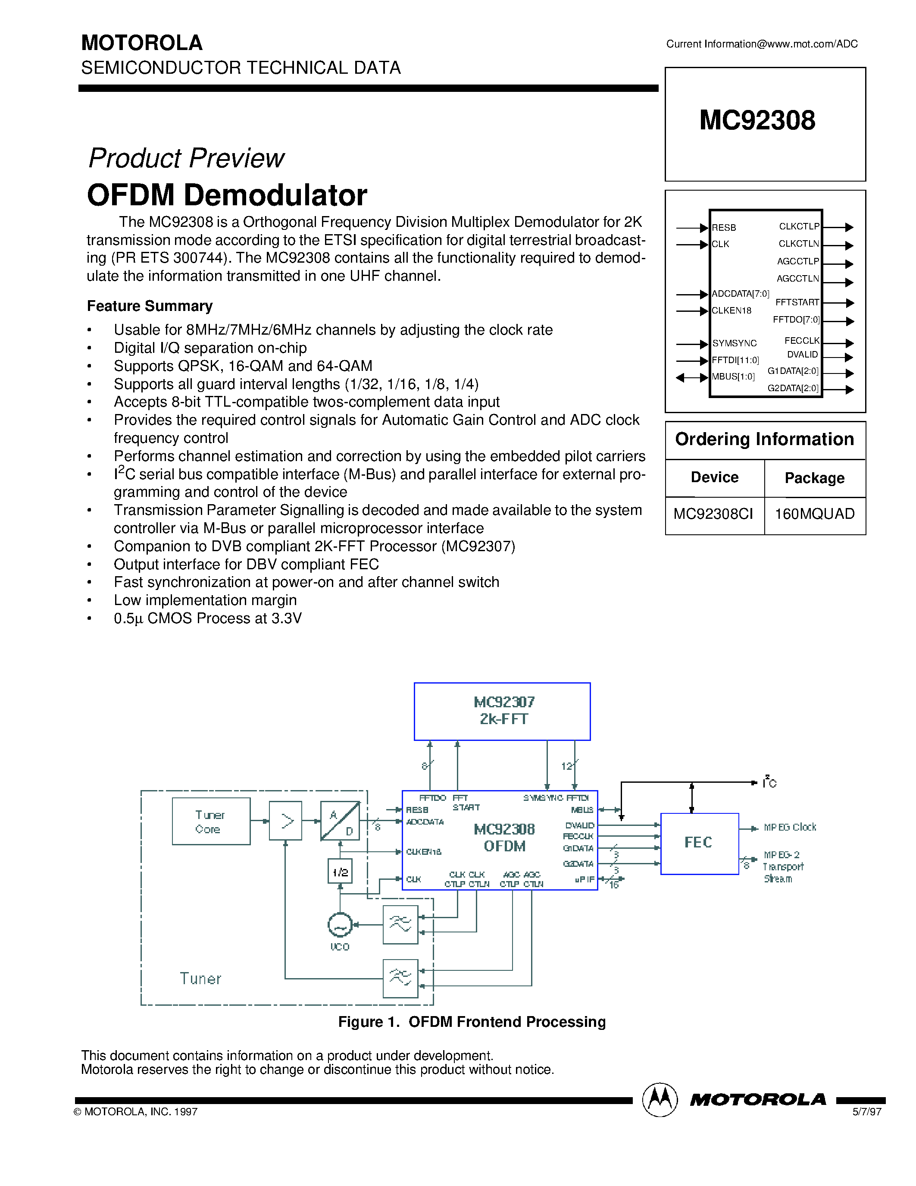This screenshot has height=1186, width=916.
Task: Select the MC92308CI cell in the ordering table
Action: (x=713, y=514)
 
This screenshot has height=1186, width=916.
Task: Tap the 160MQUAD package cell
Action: (x=815, y=514)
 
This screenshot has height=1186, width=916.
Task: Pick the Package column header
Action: (x=815, y=478)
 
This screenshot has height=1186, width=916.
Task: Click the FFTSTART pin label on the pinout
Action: (x=797, y=302)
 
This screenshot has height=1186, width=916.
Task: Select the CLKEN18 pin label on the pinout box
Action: (x=731, y=311)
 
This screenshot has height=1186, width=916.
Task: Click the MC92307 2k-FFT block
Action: (x=502, y=711)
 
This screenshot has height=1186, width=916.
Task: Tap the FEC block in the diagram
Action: (x=699, y=843)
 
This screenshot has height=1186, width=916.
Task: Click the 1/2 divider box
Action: (x=340, y=872)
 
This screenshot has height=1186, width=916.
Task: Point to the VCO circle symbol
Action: (x=340, y=925)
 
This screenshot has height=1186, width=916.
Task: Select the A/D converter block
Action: (x=340, y=821)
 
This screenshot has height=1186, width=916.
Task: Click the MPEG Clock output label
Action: (x=790, y=827)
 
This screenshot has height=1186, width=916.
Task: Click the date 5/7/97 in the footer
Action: (x=866, y=1111)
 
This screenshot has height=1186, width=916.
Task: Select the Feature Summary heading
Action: (x=150, y=306)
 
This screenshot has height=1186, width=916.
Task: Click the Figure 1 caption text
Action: (x=472, y=1022)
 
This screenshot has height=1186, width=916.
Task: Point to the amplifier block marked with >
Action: (x=286, y=821)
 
